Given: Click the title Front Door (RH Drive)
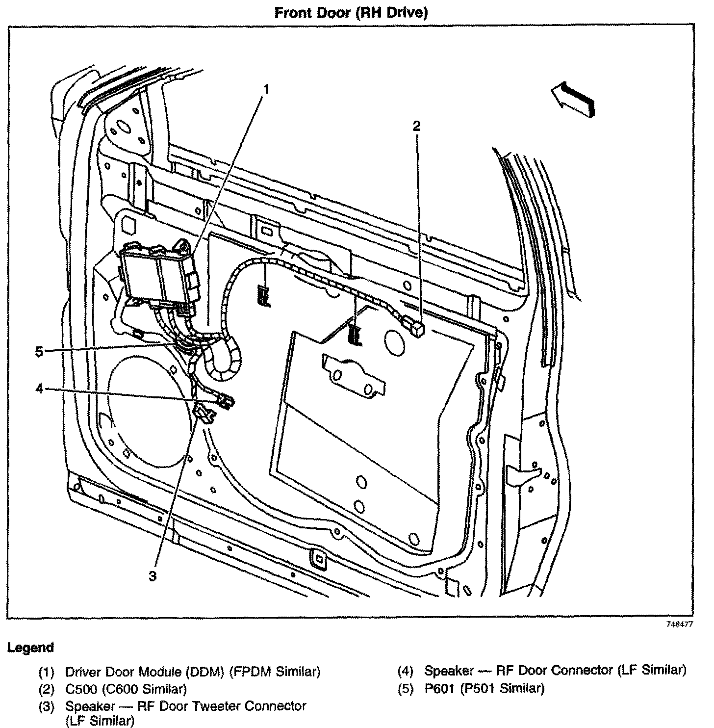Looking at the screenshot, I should click(351, 13).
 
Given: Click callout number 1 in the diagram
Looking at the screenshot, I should click(266, 89).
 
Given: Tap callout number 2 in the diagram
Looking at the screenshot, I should click(416, 126).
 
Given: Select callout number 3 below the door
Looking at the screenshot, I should click(153, 576).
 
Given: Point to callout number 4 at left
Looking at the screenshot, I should click(40, 389).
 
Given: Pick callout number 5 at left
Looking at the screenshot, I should click(40, 351).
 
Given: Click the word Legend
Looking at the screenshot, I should click(30, 648).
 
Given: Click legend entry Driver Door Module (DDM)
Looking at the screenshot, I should click(193, 671).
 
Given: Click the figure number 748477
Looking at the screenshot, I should click(679, 624).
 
